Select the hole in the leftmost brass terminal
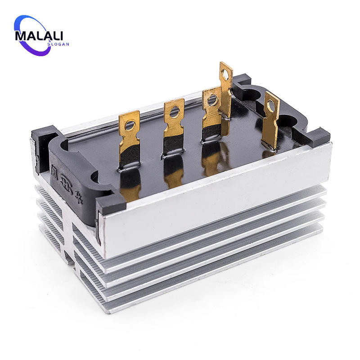[130, 125]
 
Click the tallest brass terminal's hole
[225, 74]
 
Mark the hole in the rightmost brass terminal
[271, 106]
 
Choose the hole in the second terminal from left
[174, 111]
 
